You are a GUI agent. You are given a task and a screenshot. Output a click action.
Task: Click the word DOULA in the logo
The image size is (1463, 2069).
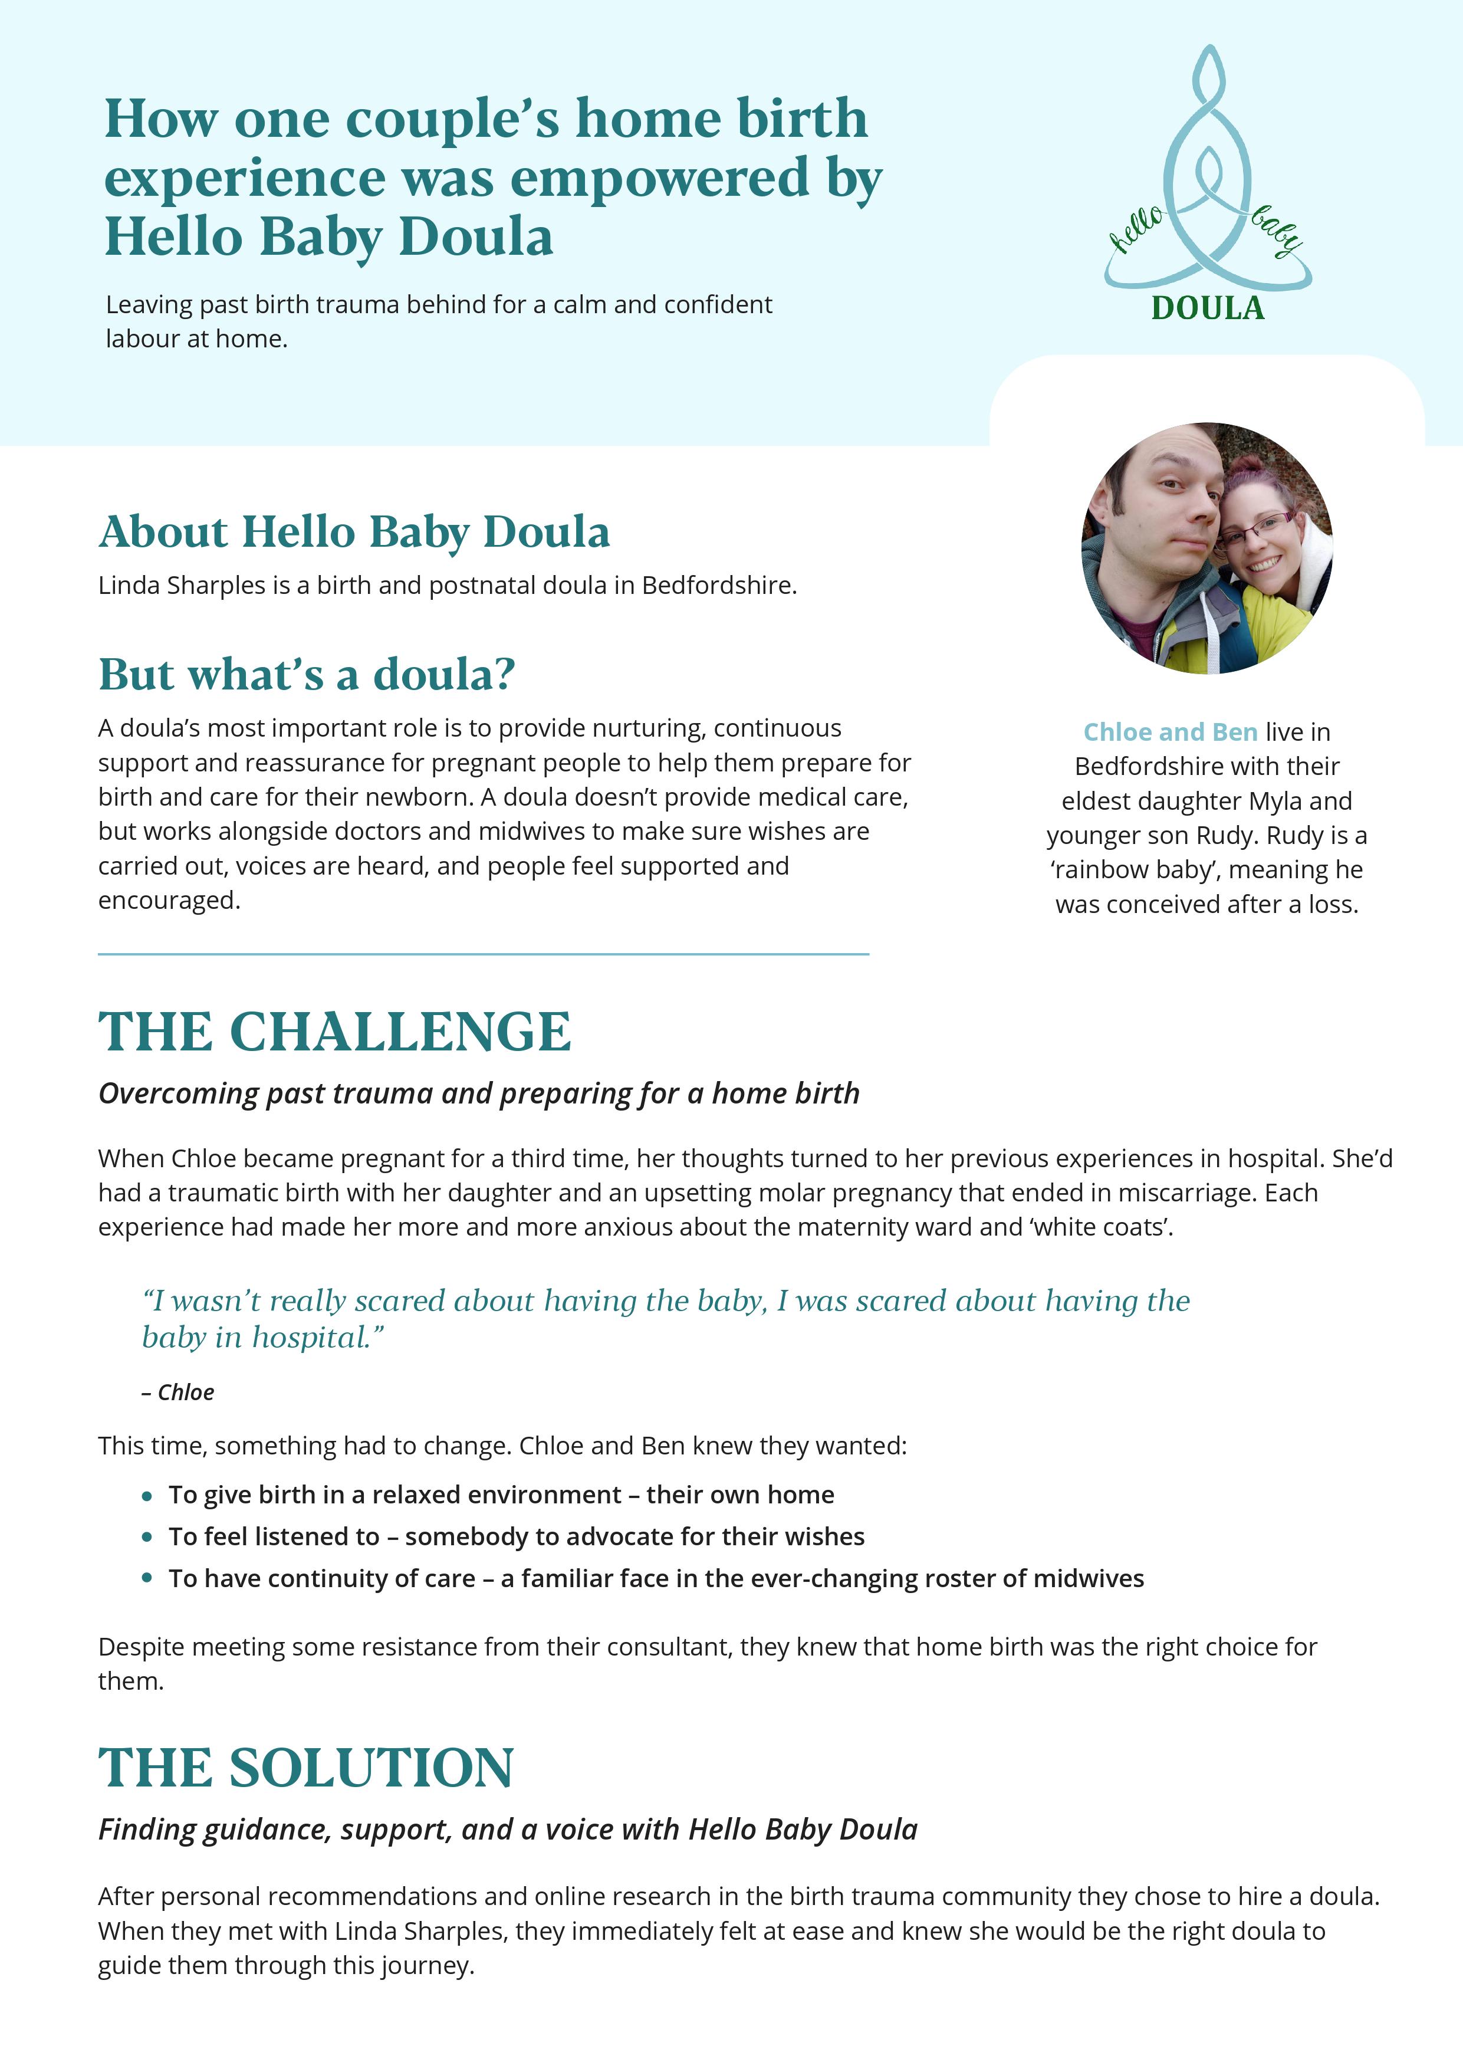pos(1207,308)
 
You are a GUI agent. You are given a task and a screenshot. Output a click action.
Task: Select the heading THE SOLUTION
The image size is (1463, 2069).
pos(306,1768)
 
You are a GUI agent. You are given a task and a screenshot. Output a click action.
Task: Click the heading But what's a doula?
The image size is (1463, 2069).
pos(306,674)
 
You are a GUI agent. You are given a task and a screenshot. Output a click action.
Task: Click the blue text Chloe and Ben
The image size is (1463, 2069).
pos(1170,732)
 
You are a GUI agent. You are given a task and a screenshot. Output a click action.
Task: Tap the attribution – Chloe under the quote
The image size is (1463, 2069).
pos(178,1393)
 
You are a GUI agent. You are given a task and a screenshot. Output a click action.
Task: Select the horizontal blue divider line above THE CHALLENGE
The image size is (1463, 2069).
pos(483,953)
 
